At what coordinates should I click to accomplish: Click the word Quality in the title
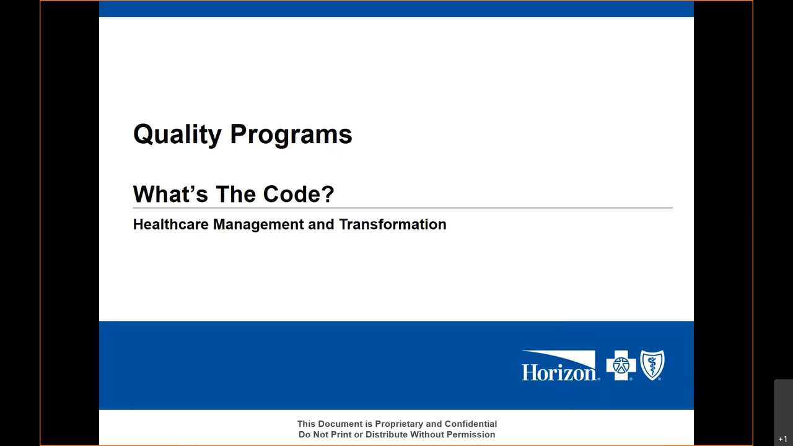pos(177,134)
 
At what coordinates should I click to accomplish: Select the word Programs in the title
pos(291,134)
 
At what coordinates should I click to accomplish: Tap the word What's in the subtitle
pos(170,194)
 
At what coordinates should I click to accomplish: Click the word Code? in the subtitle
pos(299,194)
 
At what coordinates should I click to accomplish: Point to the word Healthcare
pos(170,224)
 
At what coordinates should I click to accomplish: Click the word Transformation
pos(393,224)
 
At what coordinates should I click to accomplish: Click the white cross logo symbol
pos(621,365)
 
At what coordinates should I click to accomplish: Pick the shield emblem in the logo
pos(652,365)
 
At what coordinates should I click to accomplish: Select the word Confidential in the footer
pos(470,424)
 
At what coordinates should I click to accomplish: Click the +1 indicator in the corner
pos(782,439)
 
